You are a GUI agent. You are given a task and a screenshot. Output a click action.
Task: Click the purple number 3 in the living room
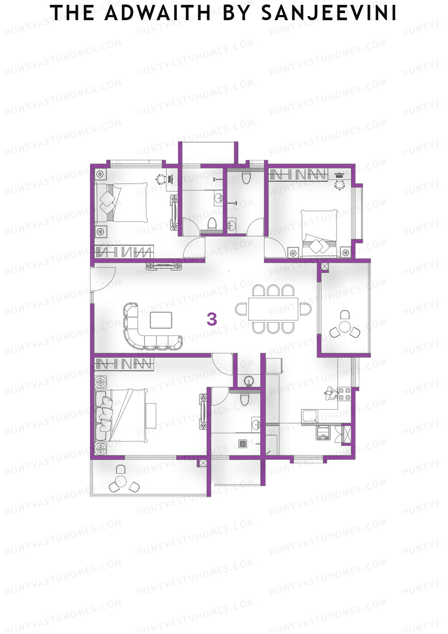pos(212,319)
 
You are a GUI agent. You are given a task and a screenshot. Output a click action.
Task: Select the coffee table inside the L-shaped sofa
pos(161,320)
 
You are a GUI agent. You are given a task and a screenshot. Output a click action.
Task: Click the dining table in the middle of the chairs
pos(274,309)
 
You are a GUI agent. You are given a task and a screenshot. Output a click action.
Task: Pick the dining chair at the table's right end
pos(305,309)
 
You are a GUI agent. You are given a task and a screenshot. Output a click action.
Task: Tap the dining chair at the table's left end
pos(241,309)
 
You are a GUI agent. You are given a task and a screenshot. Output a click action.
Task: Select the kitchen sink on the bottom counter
pos(310,416)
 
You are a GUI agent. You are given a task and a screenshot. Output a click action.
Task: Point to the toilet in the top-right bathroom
pos(246,178)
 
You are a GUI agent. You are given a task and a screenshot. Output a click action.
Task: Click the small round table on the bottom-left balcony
pos(121,480)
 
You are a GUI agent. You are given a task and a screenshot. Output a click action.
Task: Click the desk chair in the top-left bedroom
pos(161,179)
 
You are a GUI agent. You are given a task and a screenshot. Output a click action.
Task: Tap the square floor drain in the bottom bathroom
pos(243,444)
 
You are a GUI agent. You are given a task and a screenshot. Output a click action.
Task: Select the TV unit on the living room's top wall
pos(164,266)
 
